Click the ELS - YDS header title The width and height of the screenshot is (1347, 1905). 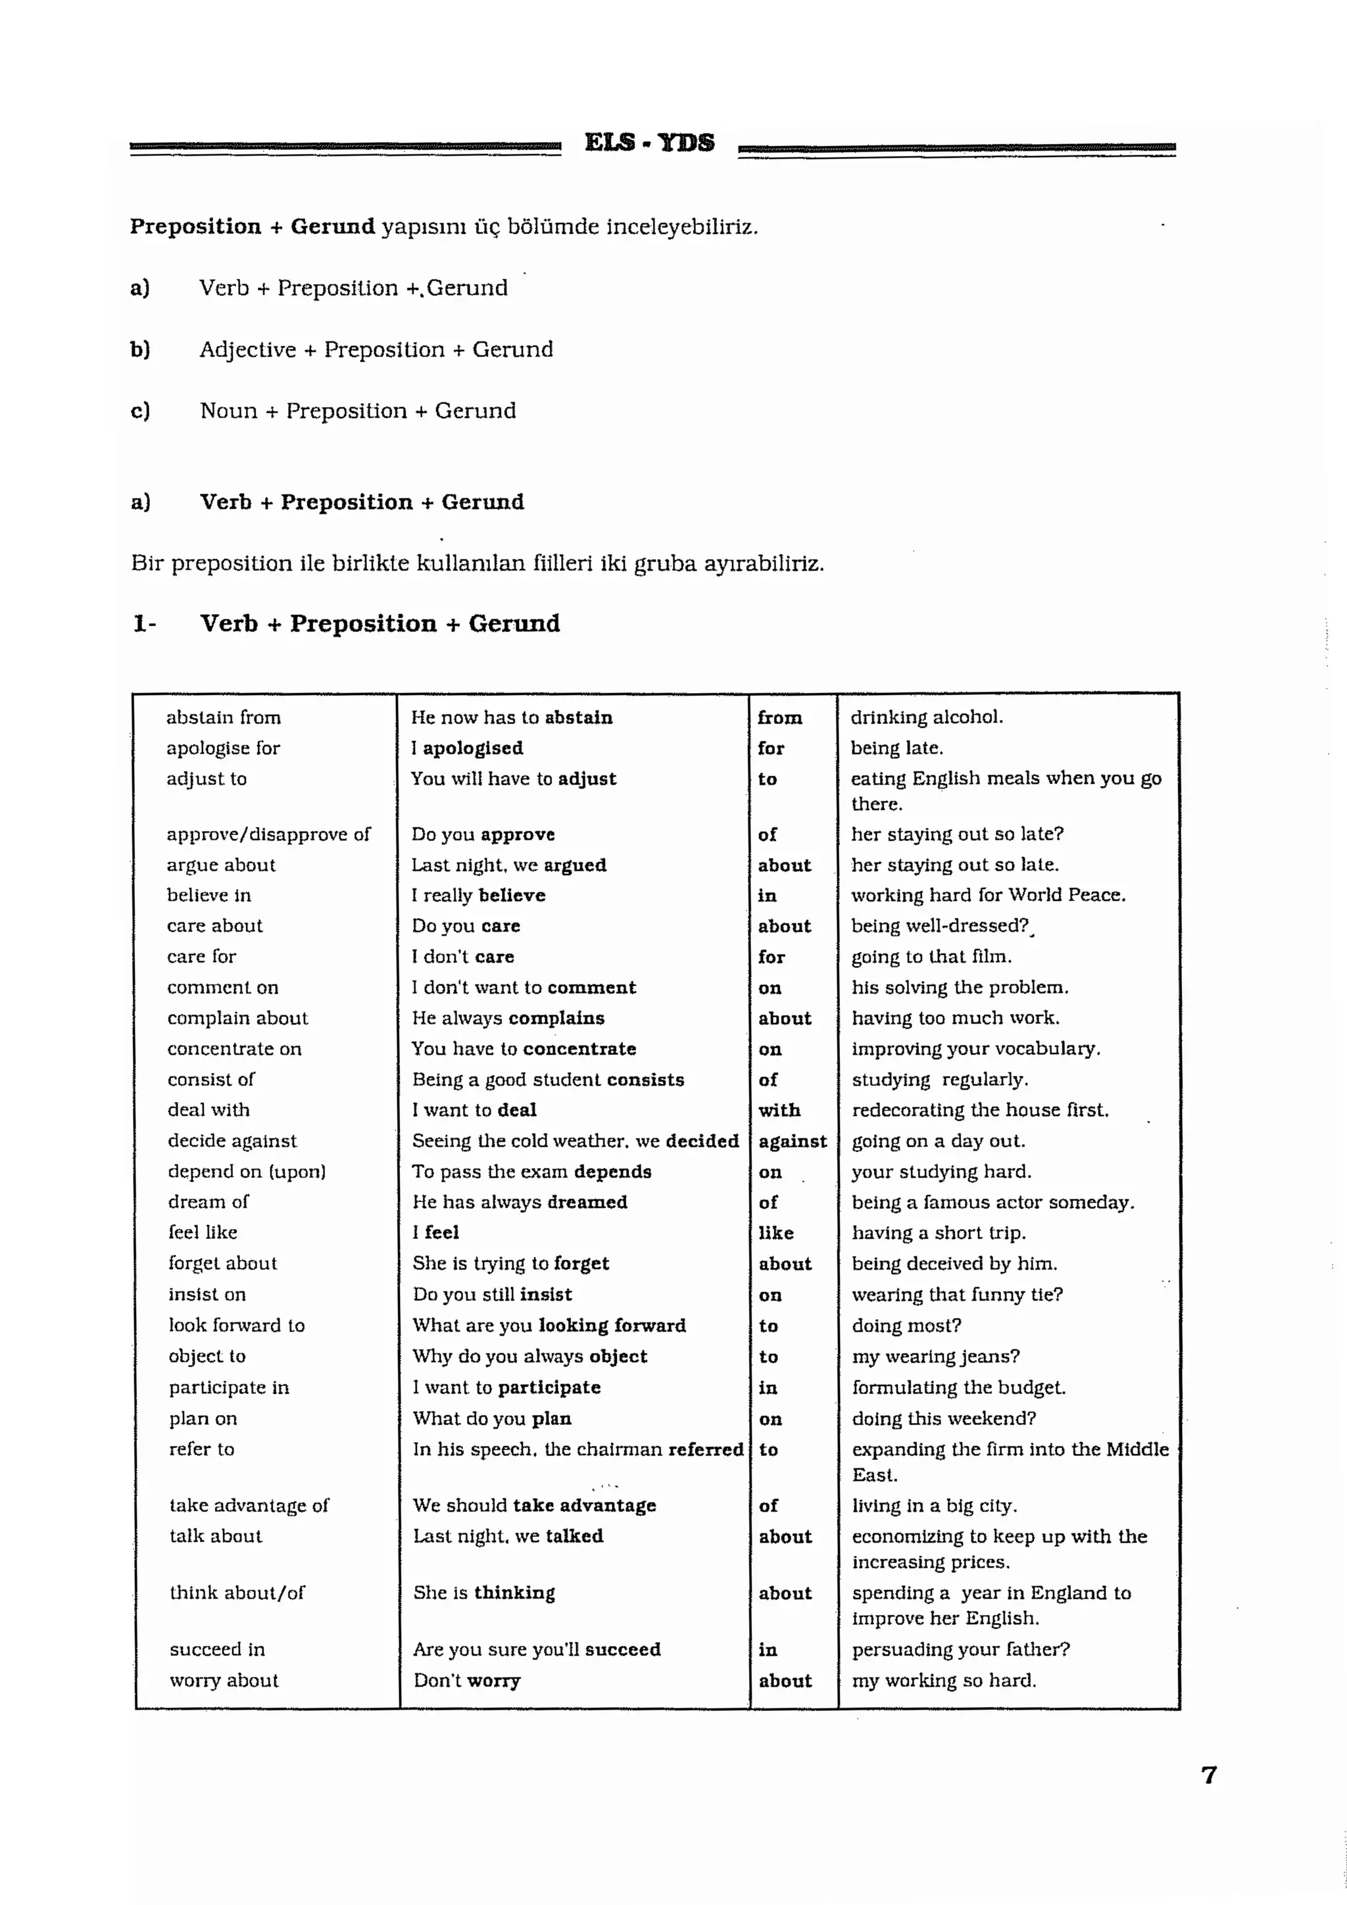649,143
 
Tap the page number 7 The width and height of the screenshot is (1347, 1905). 1208,1775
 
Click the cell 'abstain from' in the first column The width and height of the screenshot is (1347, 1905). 223,717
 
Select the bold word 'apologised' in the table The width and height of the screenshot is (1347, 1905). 473,748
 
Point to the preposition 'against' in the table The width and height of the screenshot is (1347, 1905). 793,1141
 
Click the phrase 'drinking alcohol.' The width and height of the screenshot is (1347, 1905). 926,717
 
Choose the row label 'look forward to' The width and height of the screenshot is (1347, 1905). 237,1325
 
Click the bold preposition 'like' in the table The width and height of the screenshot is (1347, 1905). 776,1233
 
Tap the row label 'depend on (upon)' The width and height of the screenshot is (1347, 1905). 247,1172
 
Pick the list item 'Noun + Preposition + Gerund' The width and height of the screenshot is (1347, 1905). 358,411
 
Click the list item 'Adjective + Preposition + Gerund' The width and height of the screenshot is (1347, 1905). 376,349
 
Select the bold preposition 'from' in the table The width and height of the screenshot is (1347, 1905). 779,717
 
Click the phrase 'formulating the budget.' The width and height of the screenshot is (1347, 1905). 958,1387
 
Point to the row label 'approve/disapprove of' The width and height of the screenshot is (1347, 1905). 268,834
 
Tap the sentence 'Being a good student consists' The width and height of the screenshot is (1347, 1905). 548,1080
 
